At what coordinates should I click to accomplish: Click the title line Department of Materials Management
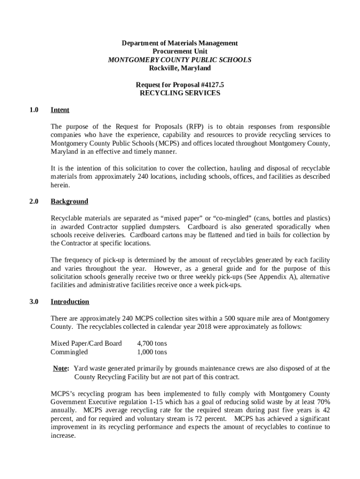180,43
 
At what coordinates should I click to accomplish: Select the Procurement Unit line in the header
180,51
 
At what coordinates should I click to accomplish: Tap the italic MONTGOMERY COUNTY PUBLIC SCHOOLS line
180,60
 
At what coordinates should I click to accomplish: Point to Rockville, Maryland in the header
180,68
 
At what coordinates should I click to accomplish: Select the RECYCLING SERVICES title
180,93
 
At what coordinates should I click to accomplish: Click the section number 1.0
33,110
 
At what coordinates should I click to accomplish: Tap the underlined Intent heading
60,110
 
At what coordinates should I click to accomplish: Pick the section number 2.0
33,201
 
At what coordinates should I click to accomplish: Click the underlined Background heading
69,201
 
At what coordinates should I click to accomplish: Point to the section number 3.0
33,302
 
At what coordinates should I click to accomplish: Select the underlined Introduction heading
70,302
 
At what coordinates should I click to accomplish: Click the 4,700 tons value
152,343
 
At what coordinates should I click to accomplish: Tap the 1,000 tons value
152,352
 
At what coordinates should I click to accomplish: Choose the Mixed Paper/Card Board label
86,343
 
